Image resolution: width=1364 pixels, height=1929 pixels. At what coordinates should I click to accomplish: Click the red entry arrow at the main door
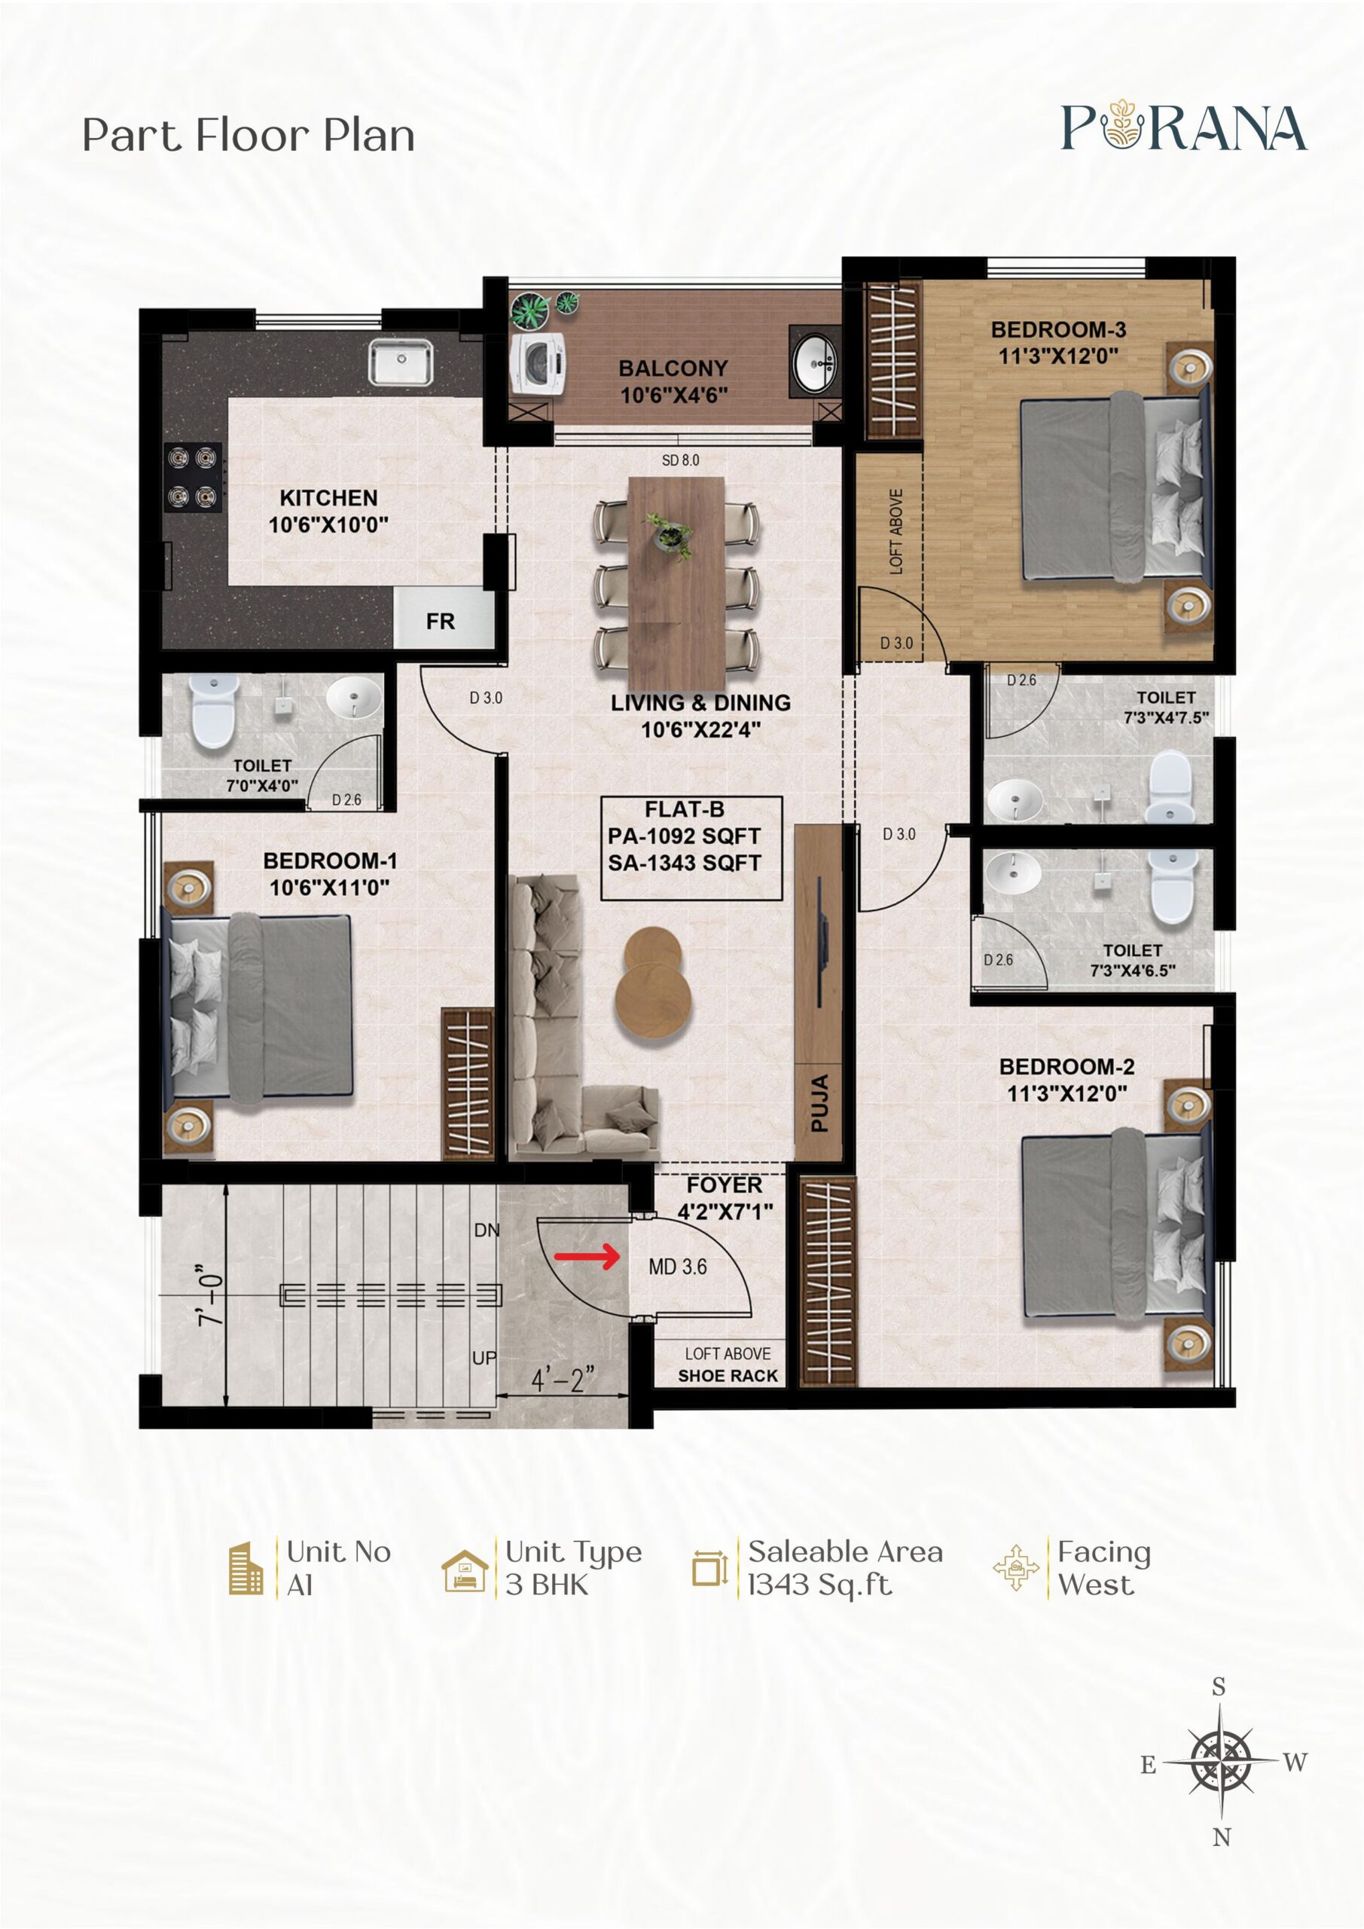tap(586, 1257)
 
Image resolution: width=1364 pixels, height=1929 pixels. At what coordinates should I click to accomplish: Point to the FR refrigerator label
tap(440, 621)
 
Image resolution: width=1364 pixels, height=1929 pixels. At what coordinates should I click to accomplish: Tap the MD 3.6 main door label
tap(678, 1266)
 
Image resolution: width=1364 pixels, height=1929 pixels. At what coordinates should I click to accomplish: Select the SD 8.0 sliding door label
tap(680, 460)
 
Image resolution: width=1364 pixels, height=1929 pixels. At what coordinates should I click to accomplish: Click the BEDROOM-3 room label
tap(1058, 329)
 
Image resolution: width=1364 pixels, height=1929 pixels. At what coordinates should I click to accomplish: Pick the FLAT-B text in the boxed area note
tap(685, 809)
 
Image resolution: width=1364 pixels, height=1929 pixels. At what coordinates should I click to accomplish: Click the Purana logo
tap(1184, 127)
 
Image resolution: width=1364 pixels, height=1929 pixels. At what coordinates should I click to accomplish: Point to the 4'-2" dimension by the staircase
tap(563, 1379)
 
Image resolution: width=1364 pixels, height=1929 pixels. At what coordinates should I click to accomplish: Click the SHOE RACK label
tap(728, 1375)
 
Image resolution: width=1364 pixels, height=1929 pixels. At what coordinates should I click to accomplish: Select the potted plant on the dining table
tap(670, 533)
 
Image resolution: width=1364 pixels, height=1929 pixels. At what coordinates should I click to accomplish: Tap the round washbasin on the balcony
tap(814, 362)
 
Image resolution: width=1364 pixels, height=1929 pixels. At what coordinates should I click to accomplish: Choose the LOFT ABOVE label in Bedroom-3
tap(896, 532)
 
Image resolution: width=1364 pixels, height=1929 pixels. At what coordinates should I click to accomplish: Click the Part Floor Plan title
tap(249, 136)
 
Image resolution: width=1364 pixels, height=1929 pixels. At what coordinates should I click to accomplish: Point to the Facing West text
tap(1103, 1568)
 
